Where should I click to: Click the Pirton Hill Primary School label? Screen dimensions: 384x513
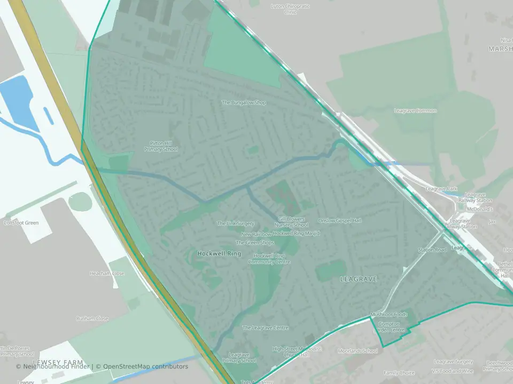pos(161,146)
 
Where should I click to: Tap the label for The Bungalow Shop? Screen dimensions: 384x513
pos(244,102)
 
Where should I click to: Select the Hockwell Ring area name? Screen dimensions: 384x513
pos(219,254)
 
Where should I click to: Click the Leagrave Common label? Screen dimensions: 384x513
pos(415,111)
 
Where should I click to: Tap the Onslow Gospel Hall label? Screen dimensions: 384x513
pos(340,220)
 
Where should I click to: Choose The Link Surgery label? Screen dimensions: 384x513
pos(236,223)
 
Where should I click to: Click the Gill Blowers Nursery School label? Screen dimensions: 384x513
pos(293,222)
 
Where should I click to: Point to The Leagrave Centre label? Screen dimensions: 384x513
pos(266,327)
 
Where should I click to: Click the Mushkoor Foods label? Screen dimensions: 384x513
pos(389,315)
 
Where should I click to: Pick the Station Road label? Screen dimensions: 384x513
pos(432,250)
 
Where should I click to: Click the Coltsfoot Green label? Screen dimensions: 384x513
pos(21,222)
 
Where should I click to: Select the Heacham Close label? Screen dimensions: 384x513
pos(107,274)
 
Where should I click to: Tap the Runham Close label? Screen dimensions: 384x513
pos(92,318)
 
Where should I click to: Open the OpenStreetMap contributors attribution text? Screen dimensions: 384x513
pos(145,366)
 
